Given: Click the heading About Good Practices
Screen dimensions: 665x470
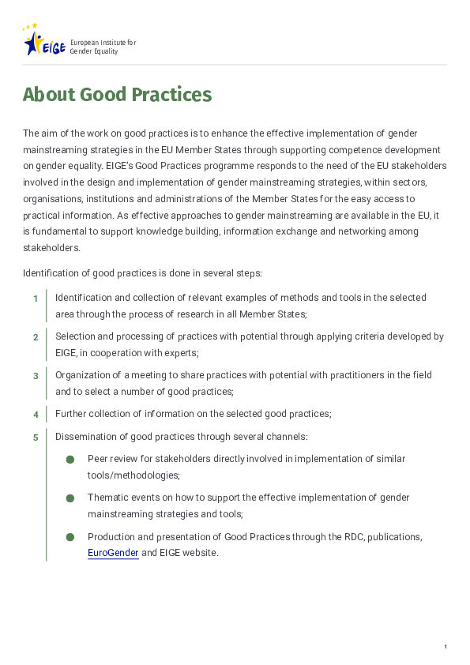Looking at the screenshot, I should tap(117, 96).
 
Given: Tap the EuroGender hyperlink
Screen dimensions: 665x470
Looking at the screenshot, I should tap(113, 553).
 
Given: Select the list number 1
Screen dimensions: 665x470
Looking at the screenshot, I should tap(36, 299).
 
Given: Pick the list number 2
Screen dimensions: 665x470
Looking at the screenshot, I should tap(36, 337).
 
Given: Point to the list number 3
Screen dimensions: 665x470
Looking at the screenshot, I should tap(36, 376).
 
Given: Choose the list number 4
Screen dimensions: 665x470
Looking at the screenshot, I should tap(36, 415).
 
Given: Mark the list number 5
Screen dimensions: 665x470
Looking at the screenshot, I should tap(36, 438).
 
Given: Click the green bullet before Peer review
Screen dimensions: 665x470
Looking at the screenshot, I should tap(70, 459).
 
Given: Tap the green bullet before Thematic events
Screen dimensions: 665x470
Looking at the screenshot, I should tap(70, 498).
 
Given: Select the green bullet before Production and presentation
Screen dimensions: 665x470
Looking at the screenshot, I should tap(70, 537).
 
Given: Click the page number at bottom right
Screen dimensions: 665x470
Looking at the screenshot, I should tap(446, 647).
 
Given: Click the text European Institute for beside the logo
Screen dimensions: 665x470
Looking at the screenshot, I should tap(103, 41).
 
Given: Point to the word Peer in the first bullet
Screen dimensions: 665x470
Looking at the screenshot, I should tap(97, 458).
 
